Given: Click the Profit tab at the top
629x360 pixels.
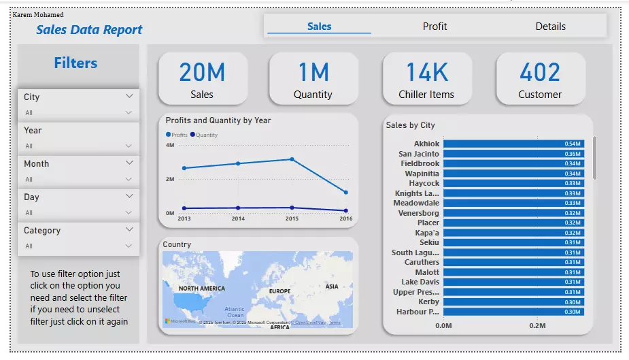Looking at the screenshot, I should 435,27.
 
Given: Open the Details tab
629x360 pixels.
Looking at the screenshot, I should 550,27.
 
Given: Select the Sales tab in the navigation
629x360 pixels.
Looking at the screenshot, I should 319,27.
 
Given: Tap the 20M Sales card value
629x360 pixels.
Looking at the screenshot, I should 202,72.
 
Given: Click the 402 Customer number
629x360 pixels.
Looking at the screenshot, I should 540,72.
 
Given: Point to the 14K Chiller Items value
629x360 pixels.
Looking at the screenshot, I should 426,72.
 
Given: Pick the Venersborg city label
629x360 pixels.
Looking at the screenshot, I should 419,213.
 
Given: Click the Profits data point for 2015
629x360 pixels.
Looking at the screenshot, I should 292,159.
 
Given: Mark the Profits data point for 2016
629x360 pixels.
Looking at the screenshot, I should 345,193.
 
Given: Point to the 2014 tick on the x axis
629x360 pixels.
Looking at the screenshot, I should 238,219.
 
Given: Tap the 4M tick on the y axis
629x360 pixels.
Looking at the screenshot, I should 169,146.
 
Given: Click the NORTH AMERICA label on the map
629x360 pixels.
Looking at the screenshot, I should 202,289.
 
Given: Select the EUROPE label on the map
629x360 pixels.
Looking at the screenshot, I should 279,291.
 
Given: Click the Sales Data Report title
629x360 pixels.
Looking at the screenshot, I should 89,30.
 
